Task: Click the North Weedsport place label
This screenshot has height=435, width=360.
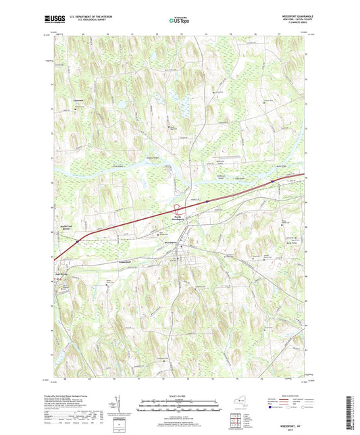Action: tap(178, 218)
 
